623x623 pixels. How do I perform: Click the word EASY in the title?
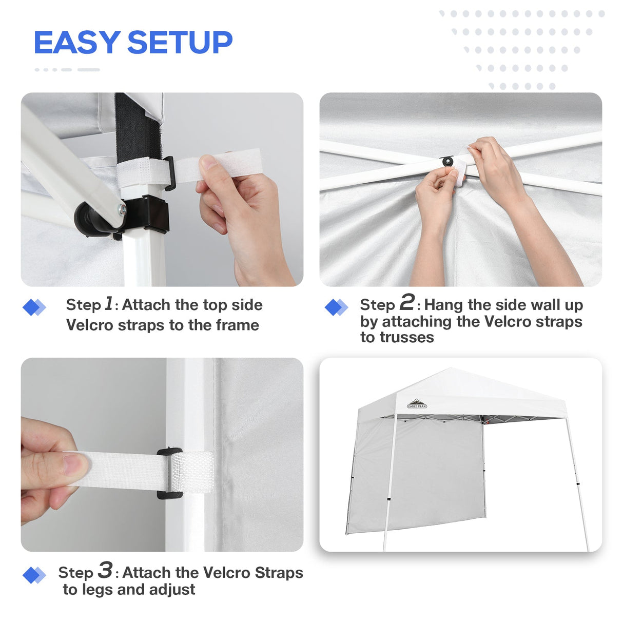pos(76,42)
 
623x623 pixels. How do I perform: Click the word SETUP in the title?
pos(180,42)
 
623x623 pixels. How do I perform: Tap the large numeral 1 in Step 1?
pos(108,303)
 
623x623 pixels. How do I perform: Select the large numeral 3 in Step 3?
pos(105,570)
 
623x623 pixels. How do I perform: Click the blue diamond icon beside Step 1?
pos(34,307)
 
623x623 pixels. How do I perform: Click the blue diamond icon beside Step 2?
pos(336,307)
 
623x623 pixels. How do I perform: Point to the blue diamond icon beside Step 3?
pos(34,575)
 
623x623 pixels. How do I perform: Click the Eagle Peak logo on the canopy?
pos(417,404)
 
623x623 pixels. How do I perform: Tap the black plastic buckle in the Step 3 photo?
pos(169,473)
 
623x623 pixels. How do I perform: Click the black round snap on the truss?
pos(448,162)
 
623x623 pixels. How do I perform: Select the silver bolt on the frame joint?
pos(122,208)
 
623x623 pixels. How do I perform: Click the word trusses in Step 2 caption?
pos(397,338)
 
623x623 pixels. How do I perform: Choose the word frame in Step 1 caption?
pos(237,325)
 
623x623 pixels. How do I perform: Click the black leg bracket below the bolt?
pos(149,215)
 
